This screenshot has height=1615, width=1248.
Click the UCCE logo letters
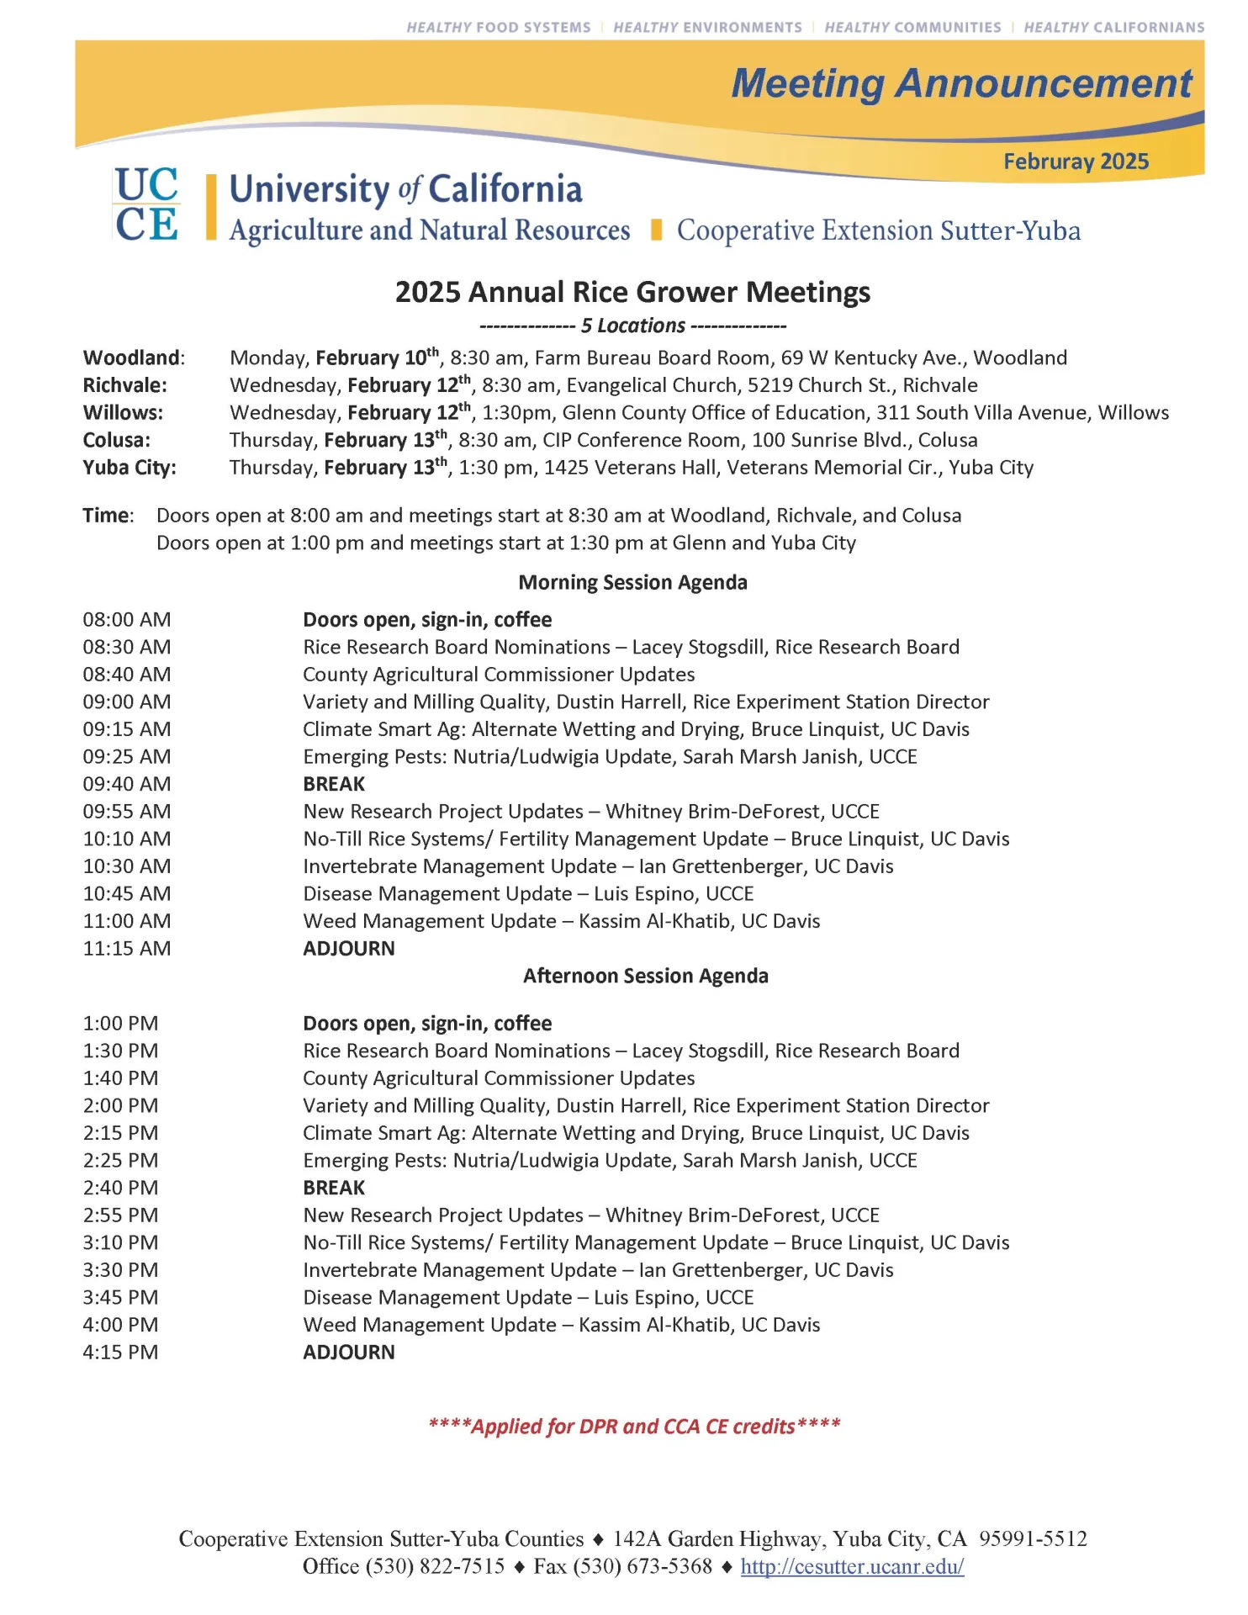(x=146, y=205)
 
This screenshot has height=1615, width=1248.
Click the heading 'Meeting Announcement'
(x=960, y=84)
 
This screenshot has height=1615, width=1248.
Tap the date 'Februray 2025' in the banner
(x=1075, y=161)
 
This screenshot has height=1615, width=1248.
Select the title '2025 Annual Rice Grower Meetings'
(x=632, y=292)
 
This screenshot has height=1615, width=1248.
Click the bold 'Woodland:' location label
(x=134, y=357)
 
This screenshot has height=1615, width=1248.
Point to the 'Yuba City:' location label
(x=130, y=468)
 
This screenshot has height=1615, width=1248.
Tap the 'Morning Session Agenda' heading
(x=632, y=582)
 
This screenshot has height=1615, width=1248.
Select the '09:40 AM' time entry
(x=127, y=784)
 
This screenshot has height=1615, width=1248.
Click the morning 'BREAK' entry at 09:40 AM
(x=334, y=784)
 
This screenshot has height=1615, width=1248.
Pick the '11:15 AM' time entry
(x=127, y=949)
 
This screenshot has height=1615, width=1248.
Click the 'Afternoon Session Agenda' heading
(x=645, y=976)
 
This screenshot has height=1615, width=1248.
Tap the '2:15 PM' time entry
(x=120, y=1133)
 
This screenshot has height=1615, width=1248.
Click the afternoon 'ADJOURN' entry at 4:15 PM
(x=348, y=1353)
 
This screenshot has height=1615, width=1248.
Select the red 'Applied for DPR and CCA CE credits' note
(x=633, y=1427)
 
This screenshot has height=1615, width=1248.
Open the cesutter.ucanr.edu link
(x=851, y=1567)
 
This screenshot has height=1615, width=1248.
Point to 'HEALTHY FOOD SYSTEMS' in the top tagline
(x=499, y=28)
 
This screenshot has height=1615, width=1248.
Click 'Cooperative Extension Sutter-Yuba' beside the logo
(x=878, y=230)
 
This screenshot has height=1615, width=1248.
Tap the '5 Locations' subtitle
(x=632, y=326)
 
